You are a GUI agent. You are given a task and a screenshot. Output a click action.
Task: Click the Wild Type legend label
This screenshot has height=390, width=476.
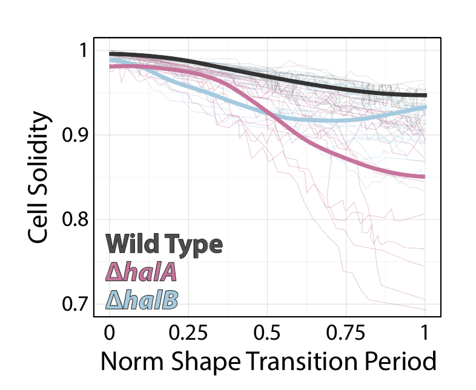click(x=164, y=244)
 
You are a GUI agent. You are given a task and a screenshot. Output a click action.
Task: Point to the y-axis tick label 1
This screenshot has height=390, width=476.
click(x=81, y=51)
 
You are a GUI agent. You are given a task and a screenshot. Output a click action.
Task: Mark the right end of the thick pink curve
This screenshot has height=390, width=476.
click(x=425, y=177)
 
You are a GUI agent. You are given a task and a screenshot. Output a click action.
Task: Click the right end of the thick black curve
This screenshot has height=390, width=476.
click(x=425, y=95)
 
